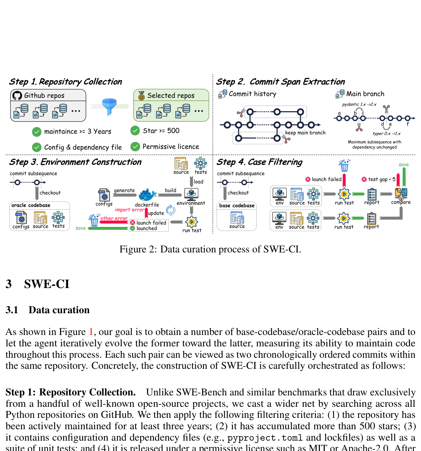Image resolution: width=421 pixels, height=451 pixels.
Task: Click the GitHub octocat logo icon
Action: [x=17, y=95]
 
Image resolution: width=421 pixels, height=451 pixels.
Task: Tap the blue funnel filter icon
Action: [x=109, y=106]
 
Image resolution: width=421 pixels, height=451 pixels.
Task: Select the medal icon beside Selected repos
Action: [x=141, y=96]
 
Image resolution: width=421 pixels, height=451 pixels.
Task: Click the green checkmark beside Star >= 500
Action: [x=135, y=131]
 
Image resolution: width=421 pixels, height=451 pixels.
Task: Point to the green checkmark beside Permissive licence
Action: [x=135, y=147]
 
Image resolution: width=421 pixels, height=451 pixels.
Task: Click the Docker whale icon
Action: [x=147, y=195]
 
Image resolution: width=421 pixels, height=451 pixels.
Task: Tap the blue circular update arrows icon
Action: [x=171, y=210]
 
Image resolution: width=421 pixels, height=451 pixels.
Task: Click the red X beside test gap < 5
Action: [x=364, y=179]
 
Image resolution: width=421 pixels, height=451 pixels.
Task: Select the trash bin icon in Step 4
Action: [x=344, y=165]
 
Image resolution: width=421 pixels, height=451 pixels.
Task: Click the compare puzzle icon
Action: [x=401, y=193]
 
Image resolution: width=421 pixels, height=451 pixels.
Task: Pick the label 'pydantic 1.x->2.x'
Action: [x=359, y=104]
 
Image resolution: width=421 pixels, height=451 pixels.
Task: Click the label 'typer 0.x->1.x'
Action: [x=386, y=134]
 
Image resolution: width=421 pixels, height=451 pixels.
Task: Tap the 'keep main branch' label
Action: [x=305, y=133]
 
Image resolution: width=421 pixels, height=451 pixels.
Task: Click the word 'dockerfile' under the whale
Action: [x=147, y=205]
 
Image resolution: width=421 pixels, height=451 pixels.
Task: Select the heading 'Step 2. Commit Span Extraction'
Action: [x=280, y=82]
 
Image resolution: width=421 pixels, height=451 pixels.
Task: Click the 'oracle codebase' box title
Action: [x=31, y=205]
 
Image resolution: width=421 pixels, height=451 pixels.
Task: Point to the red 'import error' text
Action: [x=129, y=210]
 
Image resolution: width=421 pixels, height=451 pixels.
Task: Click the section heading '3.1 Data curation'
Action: [x=48, y=310]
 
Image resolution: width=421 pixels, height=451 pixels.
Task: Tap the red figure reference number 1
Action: [x=91, y=332]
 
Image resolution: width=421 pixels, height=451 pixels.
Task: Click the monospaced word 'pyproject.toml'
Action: [x=265, y=438]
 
